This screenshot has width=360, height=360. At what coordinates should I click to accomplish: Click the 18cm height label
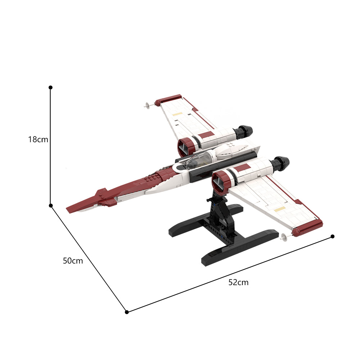(38, 139)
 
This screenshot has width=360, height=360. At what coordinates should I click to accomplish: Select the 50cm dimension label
(73, 261)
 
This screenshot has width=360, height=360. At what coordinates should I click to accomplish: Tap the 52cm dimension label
(238, 282)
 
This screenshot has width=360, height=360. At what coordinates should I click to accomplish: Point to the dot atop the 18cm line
(50, 87)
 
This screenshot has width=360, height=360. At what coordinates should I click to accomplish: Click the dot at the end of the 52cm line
(332, 237)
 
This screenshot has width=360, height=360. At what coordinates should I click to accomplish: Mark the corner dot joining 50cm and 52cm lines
(127, 312)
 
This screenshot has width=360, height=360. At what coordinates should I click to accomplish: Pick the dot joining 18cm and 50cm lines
(51, 206)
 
